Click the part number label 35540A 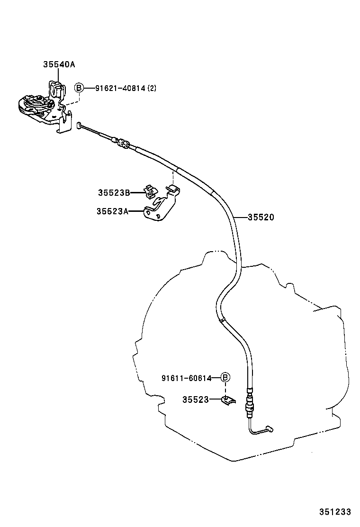59,65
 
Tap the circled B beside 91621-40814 79,88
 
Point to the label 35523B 114,192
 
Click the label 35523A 112,211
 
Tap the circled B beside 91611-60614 225,378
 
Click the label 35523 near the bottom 195,400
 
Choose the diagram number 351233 334,512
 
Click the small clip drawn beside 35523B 151,191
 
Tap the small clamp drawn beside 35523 227,400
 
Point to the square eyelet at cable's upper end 79,126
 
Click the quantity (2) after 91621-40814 152,88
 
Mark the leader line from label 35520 241,218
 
